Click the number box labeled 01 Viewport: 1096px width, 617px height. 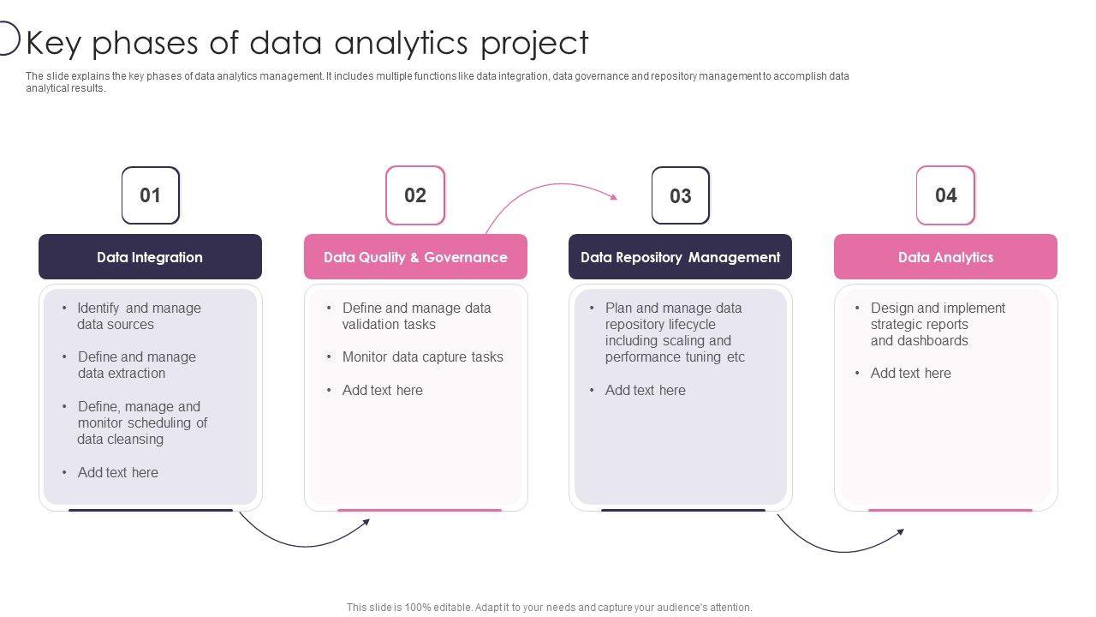[151, 195]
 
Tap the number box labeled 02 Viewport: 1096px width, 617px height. [415, 195]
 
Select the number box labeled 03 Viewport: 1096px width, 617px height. [681, 195]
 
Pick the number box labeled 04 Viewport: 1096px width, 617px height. [945, 195]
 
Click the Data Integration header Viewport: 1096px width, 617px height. [150, 257]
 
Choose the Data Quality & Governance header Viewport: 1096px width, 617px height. [415, 257]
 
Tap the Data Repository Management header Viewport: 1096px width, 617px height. [680, 257]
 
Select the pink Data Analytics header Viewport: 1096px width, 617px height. [945, 257]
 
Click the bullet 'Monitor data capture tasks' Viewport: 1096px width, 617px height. [422, 357]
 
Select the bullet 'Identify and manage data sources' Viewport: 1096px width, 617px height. [139, 316]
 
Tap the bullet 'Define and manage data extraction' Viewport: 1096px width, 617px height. [136, 365]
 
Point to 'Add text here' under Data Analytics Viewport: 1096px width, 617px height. [910, 374]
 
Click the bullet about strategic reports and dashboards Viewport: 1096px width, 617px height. [938, 324]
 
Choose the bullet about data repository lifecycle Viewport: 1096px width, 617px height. [674, 332]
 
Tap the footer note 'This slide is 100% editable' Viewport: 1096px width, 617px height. [549, 608]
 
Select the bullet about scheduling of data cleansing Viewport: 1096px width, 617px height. [142, 422]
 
